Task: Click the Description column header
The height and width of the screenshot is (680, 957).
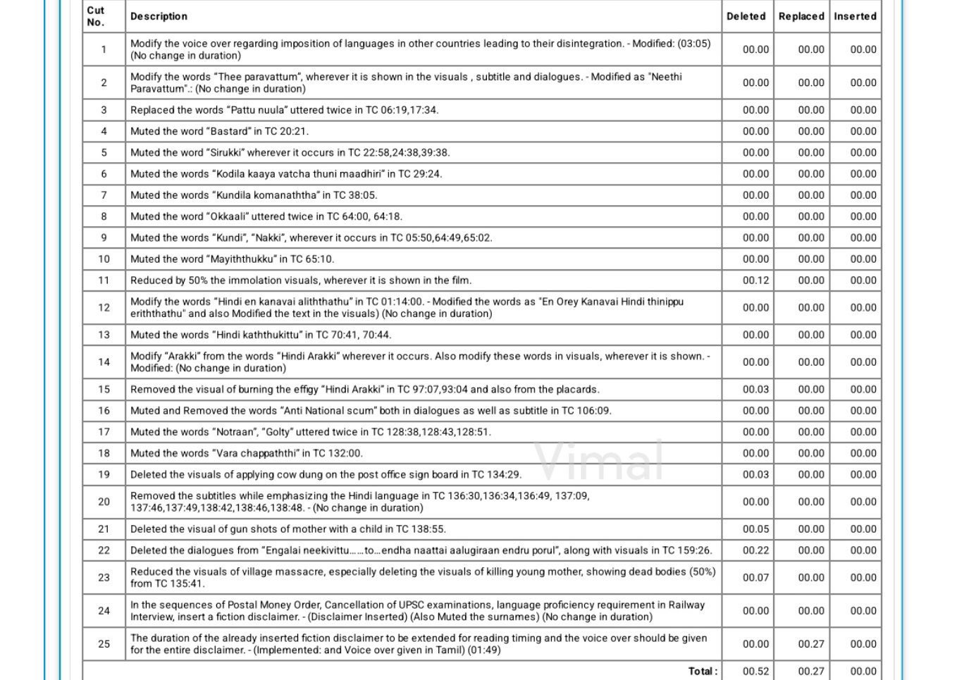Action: tap(159, 16)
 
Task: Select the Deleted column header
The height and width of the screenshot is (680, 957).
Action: tap(746, 16)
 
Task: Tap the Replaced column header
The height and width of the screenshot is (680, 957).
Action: tap(801, 16)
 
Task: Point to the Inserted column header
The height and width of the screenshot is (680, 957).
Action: tap(855, 16)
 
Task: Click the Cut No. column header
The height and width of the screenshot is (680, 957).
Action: tap(96, 16)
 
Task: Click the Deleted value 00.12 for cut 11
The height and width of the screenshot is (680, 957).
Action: tap(755, 280)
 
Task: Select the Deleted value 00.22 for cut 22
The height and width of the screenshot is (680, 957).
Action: tap(755, 550)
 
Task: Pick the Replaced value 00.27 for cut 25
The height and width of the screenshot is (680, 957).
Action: tap(810, 644)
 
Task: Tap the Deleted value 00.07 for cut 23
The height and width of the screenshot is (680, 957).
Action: tap(755, 578)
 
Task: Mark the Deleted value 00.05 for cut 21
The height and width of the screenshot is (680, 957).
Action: tap(755, 529)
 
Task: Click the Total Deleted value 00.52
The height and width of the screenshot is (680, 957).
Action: tap(755, 672)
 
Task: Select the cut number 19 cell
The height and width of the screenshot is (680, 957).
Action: tap(104, 475)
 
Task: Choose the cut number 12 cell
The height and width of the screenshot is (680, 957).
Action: tap(104, 308)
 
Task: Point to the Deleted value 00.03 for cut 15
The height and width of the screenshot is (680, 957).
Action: tap(755, 390)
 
